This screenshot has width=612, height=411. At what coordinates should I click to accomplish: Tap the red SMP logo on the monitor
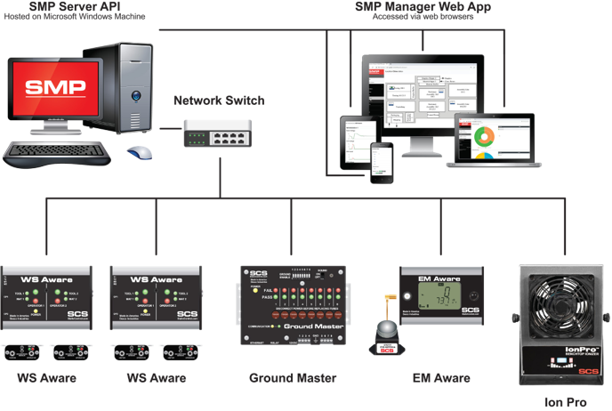pyautogui.click(x=55, y=87)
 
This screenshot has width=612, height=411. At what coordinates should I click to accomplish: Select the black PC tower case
pyautogui.click(x=129, y=93)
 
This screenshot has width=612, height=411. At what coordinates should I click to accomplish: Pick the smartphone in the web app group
pyautogui.click(x=382, y=159)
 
